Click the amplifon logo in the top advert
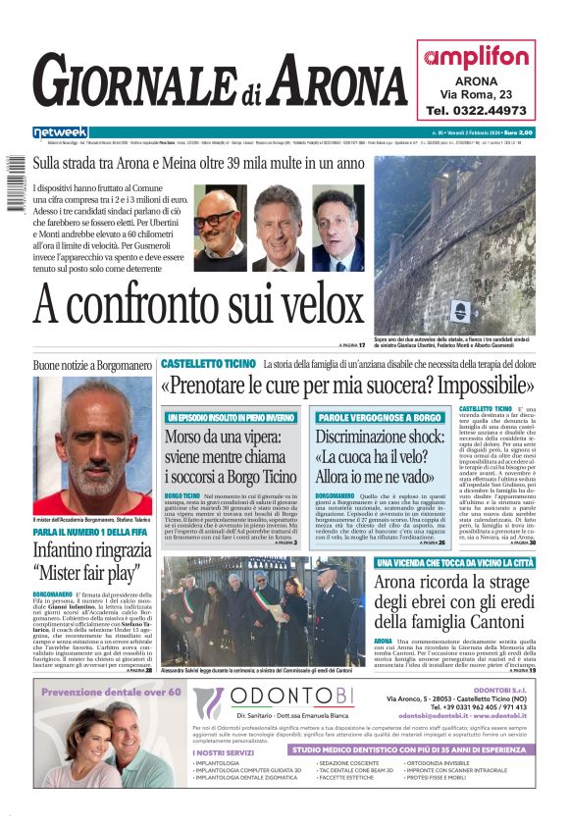[x=476, y=56]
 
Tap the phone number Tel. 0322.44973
[x=476, y=111]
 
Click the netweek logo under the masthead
[x=60, y=132]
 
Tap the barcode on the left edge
[x=13, y=191]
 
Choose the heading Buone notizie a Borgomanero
[x=93, y=365]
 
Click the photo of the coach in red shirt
[x=93, y=432]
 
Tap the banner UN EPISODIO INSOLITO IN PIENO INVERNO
[x=231, y=418]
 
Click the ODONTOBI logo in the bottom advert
[x=274, y=702]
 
